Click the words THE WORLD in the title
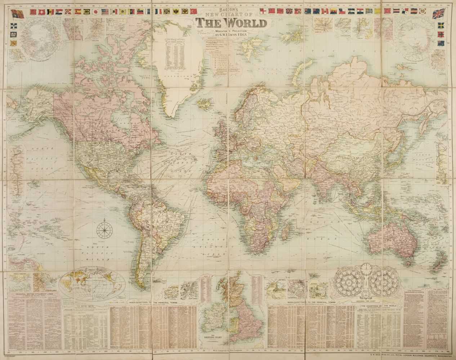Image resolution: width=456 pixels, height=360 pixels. [231, 23]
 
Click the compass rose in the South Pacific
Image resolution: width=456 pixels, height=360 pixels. [104, 229]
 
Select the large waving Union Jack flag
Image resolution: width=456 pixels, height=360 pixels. [438, 14]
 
